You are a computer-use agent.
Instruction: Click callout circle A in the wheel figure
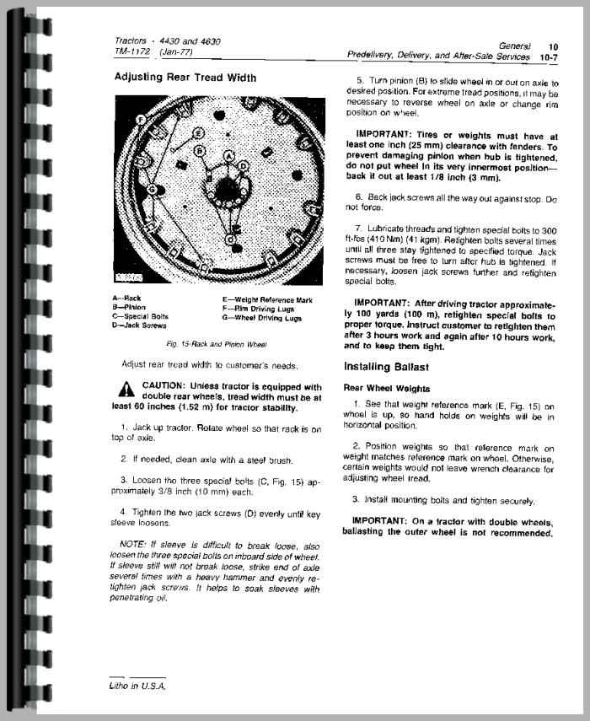230,157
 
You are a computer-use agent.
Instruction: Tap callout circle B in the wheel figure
200,151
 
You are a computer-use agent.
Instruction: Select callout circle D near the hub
244,167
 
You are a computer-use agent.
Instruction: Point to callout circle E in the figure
197,133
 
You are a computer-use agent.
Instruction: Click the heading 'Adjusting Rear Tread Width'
185,78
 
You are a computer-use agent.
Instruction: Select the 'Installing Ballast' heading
387,367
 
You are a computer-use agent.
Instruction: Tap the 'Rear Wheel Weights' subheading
387,389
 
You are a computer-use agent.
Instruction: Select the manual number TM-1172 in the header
131,51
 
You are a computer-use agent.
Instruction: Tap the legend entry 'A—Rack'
126,299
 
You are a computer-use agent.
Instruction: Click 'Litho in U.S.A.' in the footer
138,686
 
